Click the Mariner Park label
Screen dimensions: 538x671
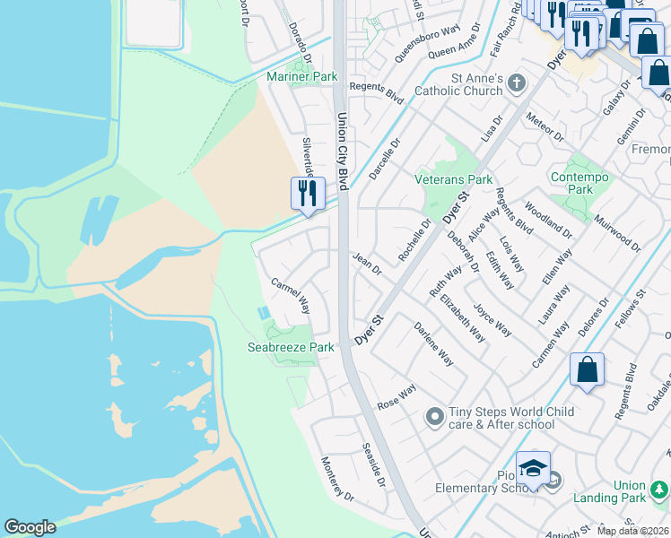302,77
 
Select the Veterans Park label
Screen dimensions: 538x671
454,179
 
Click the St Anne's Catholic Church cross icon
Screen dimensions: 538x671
515,83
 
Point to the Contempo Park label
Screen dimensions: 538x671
580,183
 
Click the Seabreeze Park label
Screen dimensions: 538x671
291,347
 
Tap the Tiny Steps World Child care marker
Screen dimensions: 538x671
435,416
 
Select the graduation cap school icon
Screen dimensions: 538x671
533,469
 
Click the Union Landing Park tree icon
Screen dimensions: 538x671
660,490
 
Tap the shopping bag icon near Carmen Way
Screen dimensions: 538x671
587,370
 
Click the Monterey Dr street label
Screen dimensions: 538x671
337,479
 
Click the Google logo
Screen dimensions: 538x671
30,527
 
